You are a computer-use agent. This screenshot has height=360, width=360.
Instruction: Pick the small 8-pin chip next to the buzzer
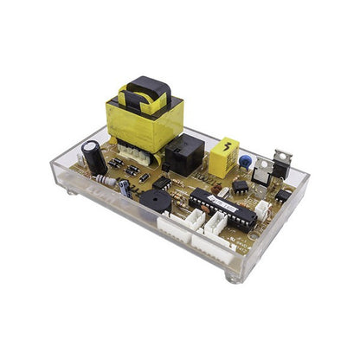pos(163,184)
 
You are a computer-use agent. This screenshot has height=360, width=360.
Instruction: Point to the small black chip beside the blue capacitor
pos(240,184)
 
